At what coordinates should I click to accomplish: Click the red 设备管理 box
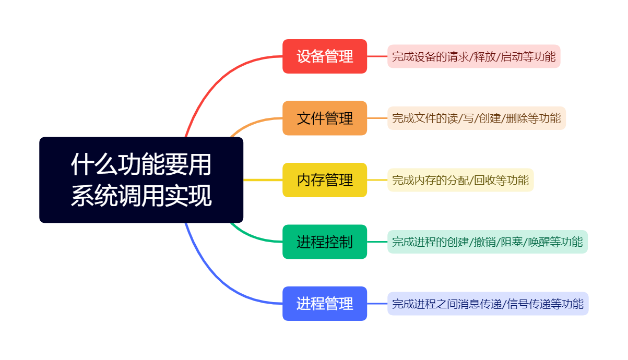click(325, 56)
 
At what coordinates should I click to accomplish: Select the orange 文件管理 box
click(325, 118)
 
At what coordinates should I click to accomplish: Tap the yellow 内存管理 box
click(325, 180)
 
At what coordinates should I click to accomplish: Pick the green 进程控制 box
click(325, 242)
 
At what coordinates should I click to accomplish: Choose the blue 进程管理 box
click(325, 304)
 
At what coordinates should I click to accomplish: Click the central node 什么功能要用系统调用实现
click(141, 180)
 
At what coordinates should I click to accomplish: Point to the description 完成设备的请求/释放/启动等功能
click(473, 56)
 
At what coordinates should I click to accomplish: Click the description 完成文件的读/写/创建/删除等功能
click(476, 118)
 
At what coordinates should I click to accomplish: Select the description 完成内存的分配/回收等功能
click(460, 181)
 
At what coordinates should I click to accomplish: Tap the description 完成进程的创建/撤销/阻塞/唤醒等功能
click(487, 242)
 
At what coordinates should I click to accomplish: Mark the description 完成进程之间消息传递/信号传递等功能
click(488, 304)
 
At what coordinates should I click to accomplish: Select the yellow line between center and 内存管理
click(263, 180)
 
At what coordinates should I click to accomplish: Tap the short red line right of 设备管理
click(377, 56)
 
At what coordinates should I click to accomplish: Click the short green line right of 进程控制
click(377, 242)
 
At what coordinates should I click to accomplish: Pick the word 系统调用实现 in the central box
click(141, 196)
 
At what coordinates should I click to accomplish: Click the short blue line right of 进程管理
click(377, 304)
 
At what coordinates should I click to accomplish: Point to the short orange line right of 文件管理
click(377, 118)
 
